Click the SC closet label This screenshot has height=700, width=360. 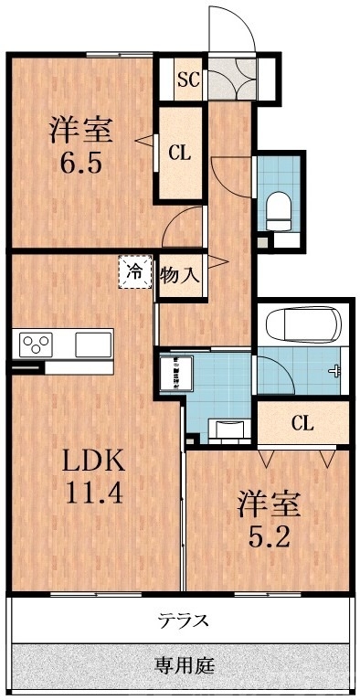188,78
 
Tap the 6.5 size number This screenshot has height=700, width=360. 80,168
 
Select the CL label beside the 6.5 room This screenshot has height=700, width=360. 180,154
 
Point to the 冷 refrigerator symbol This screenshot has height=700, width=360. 134,272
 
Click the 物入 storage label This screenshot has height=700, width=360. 180,274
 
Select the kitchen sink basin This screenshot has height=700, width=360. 92,345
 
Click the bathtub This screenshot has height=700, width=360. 301,325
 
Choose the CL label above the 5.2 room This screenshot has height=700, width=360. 302,422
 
